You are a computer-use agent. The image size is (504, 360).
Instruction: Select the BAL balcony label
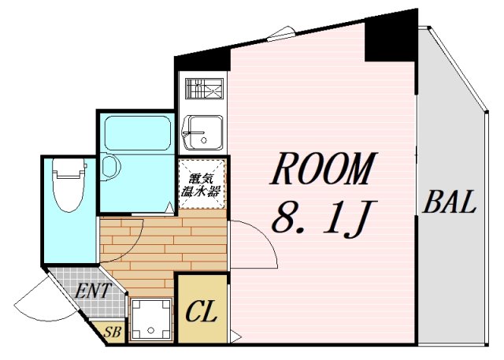coord(449,202)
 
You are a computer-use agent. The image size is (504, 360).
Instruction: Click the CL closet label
coord(201,312)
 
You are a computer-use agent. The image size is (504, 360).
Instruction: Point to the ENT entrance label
coord(93,291)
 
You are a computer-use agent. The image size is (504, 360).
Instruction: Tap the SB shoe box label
coord(112,332)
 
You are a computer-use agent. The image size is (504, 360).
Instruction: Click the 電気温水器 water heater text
coord(201,185)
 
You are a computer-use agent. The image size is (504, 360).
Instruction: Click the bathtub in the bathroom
coord(138,133)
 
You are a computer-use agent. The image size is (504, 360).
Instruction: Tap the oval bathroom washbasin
coord(110,167)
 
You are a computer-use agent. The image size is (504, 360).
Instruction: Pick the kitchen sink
coord(202,133)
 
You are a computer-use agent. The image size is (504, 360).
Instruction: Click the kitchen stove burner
coord(204,88)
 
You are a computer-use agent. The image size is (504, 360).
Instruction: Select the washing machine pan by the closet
coord(150,319)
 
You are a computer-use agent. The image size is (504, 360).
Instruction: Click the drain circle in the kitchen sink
coord(203,139)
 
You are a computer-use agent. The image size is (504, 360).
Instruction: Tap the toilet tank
coord(69,168)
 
